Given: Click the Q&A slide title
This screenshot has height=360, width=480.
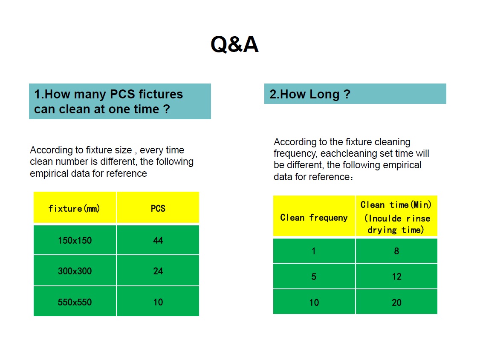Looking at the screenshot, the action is pos(235,44).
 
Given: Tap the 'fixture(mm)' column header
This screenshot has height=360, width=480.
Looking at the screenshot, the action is pos(75,207).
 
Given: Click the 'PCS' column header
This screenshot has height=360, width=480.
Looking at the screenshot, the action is pos(158,207).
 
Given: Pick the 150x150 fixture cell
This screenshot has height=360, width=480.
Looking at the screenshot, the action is pos(75,240).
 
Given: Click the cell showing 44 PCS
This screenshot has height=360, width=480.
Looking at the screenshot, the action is pos(158,240).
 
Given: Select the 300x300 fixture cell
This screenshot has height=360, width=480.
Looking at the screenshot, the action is pos(75,271).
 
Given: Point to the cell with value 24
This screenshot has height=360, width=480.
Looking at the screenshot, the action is pos(158,271).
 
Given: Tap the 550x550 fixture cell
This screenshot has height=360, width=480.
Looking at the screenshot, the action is pos(75,302).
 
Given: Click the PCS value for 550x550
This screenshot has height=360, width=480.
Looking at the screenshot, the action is pos(158,302).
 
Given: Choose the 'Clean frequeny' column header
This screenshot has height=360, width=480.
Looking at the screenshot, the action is pos(314,216).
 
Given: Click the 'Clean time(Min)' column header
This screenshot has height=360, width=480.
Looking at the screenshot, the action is pos(396,216).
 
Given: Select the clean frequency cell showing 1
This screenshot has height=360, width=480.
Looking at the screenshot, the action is pos(314,251).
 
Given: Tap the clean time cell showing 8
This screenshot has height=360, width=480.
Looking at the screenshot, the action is pos(396,251).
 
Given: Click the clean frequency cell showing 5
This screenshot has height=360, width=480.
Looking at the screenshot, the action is pos(314,276).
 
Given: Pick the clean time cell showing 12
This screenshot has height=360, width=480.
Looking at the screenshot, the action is pos(396,276).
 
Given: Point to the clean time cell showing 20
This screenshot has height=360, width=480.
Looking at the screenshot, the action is pos(396,302).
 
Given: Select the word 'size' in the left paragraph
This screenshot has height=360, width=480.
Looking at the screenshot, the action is pos(123,150).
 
